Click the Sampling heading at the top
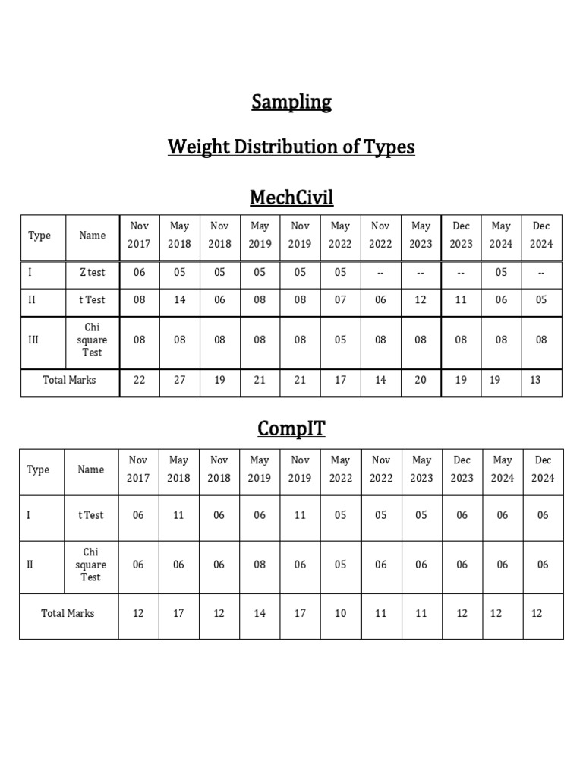coord(291,103)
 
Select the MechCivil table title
coord(291,198)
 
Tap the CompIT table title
coord(291,429)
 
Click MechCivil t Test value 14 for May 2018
coord(180,300)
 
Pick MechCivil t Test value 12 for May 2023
coord(421,300)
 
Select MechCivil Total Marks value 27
coord(180,380)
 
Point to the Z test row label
coord(93,273)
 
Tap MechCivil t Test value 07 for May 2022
coord(340,300)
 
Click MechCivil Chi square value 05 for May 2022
coord(340,340)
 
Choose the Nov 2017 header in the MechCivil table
coord(140,235)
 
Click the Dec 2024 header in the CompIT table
coord(543,469)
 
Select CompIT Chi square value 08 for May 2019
coord(260,565)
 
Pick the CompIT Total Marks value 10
coord(340,613)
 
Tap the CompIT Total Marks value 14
coord(260,613)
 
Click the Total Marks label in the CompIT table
coord(68,613)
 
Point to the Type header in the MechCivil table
coord(39,236)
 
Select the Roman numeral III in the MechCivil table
coord(33,340)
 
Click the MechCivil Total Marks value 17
coord(340,380)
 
